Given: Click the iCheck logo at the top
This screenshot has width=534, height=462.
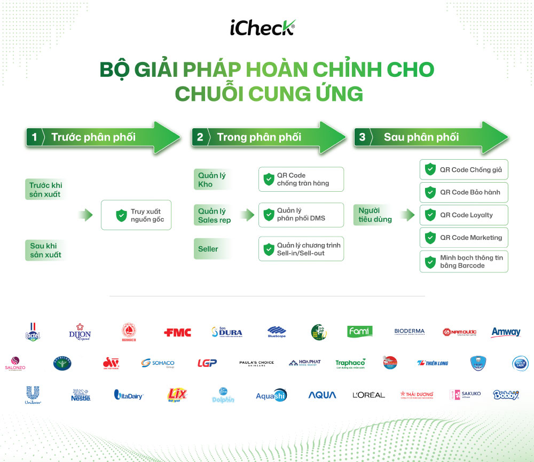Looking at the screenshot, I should tap(263, 27).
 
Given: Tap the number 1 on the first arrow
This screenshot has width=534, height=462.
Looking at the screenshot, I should tap(34, 137).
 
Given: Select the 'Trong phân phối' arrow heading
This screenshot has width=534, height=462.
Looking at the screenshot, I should tap(259, 137).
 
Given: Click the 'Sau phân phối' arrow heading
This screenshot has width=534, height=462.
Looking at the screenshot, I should tap(421, 137).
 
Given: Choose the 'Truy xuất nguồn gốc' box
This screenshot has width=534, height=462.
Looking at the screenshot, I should tap(136, 215).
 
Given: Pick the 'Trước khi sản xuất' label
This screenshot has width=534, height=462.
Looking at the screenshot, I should tap(46, 190).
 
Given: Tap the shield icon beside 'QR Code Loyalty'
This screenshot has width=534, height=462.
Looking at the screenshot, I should tap(430, 215).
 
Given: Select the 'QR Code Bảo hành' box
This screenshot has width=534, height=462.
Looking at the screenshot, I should tap(464, 192).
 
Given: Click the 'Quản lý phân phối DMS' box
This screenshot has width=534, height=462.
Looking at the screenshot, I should tap(301, 215).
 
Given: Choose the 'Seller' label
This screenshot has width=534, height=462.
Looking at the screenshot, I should tap(208, 249).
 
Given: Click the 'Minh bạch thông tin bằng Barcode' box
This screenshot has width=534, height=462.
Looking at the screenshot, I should tap(464, 261).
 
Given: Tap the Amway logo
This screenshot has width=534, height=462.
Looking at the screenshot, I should tap(505, 332).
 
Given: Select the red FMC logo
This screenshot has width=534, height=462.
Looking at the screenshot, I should tap(177, 332).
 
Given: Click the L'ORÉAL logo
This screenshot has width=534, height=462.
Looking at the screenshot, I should tap(368, 395).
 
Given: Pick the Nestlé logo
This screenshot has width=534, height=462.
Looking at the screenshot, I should tap(81, 395).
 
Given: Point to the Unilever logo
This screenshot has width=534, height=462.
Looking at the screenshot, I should tap(33, 395).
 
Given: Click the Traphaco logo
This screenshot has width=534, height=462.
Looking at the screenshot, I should tap(350, 364).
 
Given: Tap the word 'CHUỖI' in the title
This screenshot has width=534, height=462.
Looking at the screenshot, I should tap(212, 94).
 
